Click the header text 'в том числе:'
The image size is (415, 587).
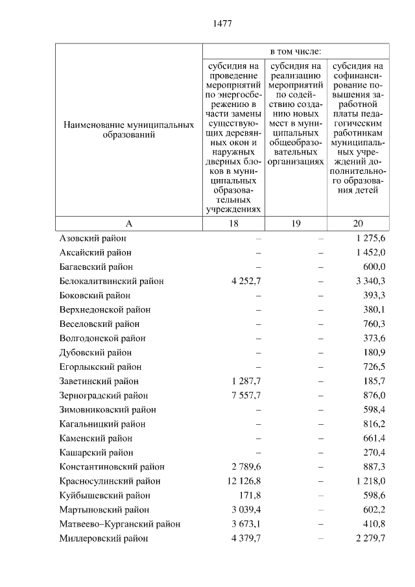[x=296, y=51]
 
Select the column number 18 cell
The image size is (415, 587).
[x=233, y=224]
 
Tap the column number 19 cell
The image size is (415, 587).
[x=296, y=224]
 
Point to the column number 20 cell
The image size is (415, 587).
[x=358, y=224]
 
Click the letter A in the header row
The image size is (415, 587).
[x=128, y=224]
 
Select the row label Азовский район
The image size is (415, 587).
[x=92, y=238]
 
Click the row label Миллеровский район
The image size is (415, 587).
[x=103, y=538]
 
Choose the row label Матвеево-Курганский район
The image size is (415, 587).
[x=119, y=523]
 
